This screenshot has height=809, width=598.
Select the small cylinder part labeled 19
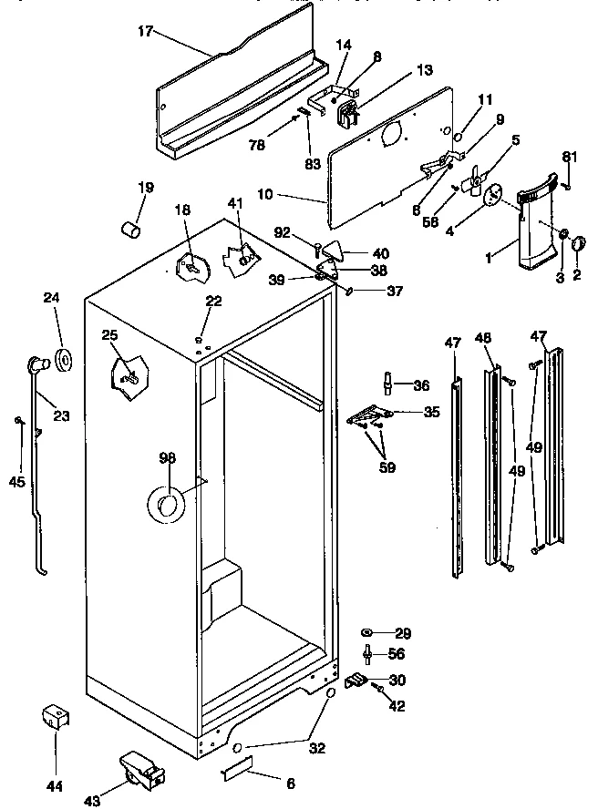coord(134,225)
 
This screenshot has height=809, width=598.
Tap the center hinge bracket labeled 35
coord(368,416)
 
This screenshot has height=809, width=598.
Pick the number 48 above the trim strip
coord(483,337)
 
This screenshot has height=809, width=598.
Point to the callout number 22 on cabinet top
coord(212,302)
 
